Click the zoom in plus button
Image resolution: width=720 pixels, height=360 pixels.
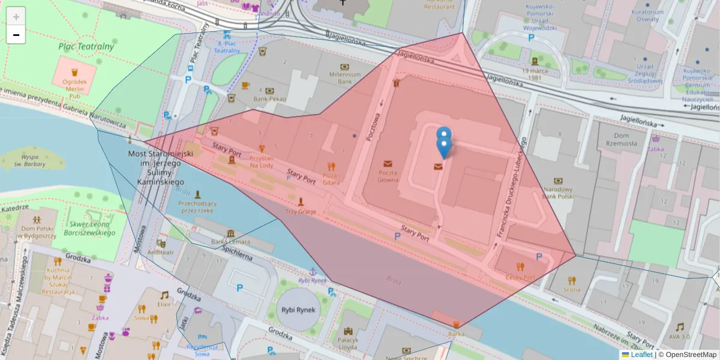[x=16, y=17]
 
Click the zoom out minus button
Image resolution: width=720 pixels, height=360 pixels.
[x=16, y=35]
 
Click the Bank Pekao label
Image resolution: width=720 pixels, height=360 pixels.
[x=269, y=99]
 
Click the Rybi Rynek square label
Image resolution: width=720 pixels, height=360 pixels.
[x=298, y=310]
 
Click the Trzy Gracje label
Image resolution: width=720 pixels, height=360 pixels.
[x=300, y=211]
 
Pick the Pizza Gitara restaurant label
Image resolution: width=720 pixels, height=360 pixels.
[x=331, y=178]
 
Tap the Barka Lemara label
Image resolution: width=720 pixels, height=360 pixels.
[x=231, y=242]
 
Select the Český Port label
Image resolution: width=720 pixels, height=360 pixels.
[x=520, y=277]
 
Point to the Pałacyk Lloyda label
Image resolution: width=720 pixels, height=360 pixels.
[x=347, y=343]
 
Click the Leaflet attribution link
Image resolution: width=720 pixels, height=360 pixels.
[x=641, y=355]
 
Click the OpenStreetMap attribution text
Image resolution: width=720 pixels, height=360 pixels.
[x=687, y=355]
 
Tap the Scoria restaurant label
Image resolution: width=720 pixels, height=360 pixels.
[x=571, y=289]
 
